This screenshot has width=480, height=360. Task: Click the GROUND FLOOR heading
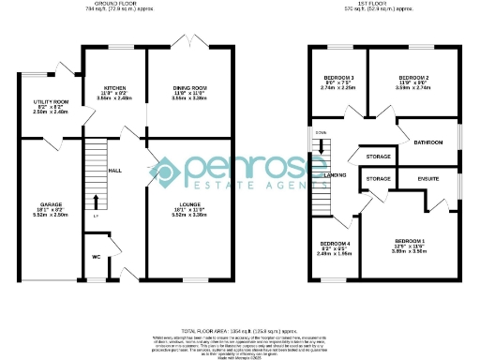tap(111, 5)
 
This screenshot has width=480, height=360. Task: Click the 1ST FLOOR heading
tap(377, 5)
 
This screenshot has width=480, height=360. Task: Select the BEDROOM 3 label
tap(338, 78)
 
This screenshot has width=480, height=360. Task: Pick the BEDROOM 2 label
tap(413, 78)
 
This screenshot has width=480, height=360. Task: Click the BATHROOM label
tap(428, 142)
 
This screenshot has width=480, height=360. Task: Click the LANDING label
tap(335, 174)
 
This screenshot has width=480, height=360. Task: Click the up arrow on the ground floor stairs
tap(96, 202)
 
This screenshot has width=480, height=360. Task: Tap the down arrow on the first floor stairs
tap(321, 146)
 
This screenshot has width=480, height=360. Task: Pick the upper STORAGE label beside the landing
tap(378, 157)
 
